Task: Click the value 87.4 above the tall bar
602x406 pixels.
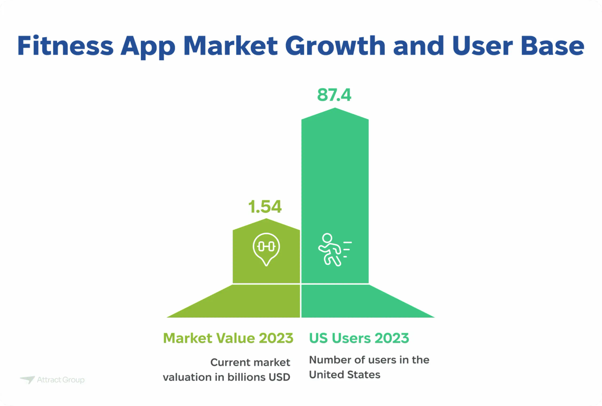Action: tap(334, 95)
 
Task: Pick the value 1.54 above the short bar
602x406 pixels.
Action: tap(265, 207)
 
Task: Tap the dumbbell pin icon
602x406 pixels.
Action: tap(266, 248)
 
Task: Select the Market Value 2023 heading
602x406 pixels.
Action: tap(228, 338)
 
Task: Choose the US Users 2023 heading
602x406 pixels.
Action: tap(359, 338)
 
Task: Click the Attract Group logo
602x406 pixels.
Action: tap(53, 380)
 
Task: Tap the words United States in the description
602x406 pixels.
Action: tap(345, 375)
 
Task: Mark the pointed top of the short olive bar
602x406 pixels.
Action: tap(266, 221)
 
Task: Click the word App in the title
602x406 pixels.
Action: tap(148, 46)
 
